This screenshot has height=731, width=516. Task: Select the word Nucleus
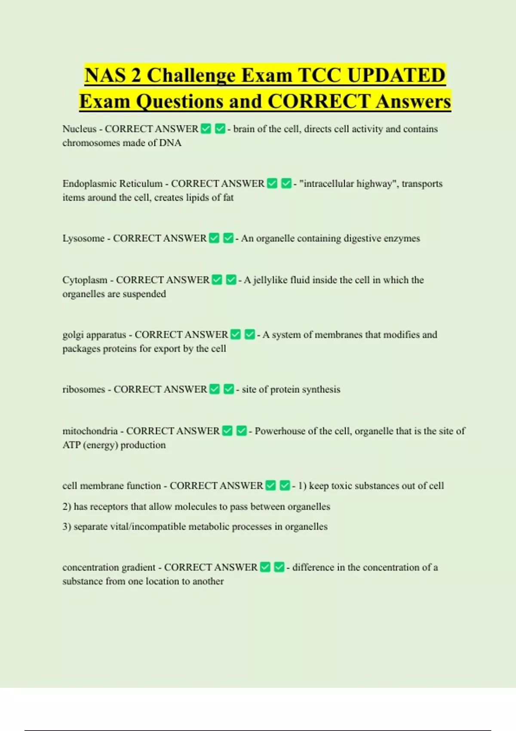click(79, 129)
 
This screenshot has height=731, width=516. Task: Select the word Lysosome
click(83, 238)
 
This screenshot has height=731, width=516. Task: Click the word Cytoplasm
click(85, 280)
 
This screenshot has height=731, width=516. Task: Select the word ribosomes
click(83, 389)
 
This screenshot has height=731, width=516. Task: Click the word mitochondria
click(90, 431)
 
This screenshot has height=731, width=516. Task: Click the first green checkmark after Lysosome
click(214, 238)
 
